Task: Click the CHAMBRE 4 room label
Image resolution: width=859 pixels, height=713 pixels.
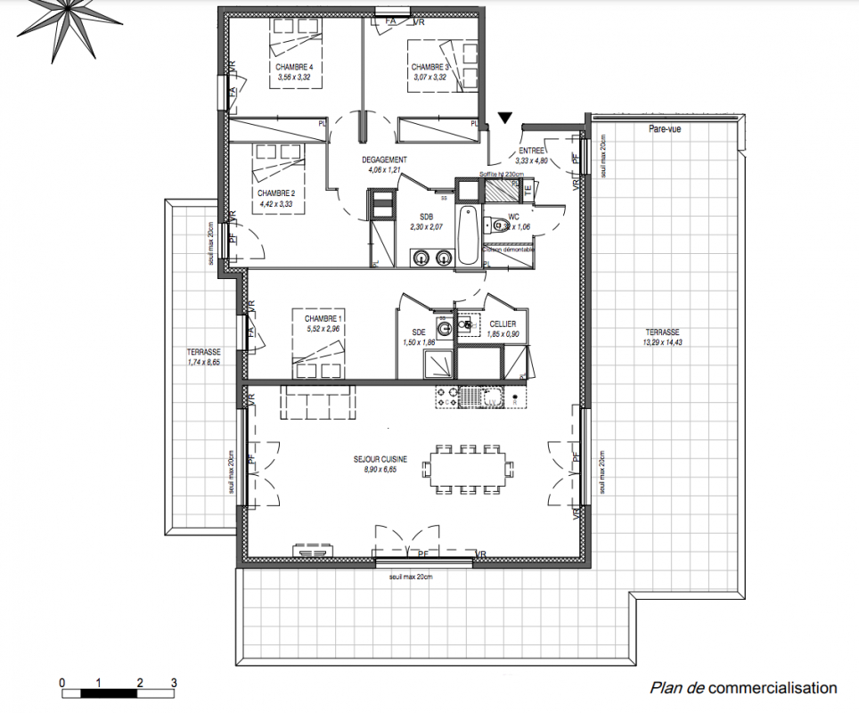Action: pos(294,68)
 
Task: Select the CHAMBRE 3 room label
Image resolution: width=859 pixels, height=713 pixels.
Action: pos(429,68)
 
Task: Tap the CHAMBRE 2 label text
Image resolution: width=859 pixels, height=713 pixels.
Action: pos(275,193)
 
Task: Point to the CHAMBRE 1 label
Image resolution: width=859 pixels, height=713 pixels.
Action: pos(323,318)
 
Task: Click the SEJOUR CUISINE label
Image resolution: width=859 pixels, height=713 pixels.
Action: pos(380,459)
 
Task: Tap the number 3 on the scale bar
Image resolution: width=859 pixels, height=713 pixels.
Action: pos(174,683)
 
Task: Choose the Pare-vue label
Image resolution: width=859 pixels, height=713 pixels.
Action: pos(665,129)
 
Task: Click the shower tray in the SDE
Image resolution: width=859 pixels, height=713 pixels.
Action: pos(439,362)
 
